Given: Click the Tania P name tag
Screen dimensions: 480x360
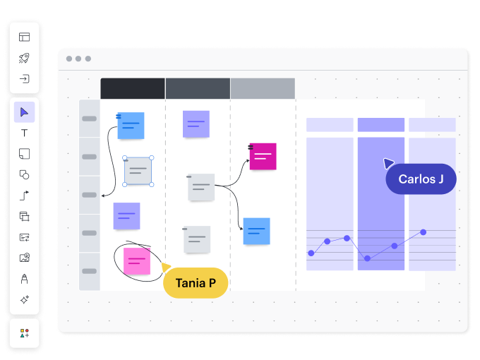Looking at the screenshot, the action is [x=196, y=283].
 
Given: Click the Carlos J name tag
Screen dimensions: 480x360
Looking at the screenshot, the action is [x=421, y=179].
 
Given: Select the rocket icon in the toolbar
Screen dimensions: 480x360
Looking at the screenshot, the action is [x=24, y=58].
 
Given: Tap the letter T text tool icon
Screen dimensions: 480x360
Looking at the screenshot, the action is [x=24, y=133].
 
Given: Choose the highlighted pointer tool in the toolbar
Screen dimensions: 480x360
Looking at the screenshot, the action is [x=24, y=112].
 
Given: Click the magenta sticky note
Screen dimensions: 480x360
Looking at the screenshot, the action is [x=263, y=156].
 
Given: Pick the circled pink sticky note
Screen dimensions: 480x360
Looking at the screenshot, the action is [x=137, y=261].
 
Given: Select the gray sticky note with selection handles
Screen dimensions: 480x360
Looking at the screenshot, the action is [x=138, y=171].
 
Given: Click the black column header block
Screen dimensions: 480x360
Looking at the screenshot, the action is [x=133, y=88].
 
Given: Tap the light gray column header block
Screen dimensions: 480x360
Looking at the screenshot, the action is [x=263, y=88].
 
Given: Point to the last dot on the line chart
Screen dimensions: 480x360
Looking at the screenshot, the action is [x=423, y=232].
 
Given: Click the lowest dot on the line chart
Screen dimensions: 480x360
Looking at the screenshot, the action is [x=367, y=258].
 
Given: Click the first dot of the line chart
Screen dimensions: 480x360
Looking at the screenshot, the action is [x=311, y=253].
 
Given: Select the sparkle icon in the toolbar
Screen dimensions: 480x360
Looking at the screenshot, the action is [x=25, y=299].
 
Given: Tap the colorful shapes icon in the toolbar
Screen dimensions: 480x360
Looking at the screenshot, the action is [x=25, y=333].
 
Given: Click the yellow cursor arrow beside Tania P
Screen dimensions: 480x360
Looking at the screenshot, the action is [x=165, y=267].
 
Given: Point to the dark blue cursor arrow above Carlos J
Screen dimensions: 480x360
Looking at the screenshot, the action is [x=388, y=163].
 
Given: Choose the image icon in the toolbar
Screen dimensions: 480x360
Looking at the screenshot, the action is [x=25, y=258].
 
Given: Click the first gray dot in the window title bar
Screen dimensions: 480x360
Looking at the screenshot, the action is [x=69, y=59].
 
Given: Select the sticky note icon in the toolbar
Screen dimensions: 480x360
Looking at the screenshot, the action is [x=24, y=154].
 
